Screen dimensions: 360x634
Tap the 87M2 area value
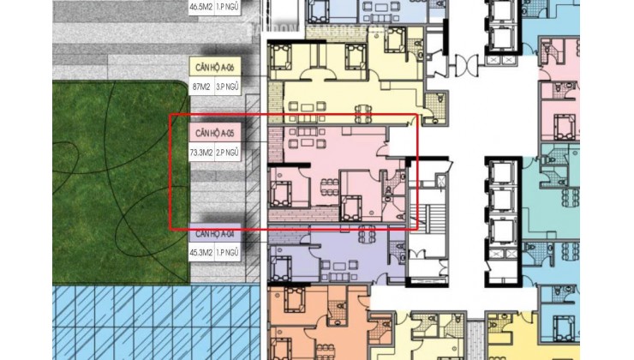(203, 87)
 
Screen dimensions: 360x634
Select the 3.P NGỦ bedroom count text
(227, 87)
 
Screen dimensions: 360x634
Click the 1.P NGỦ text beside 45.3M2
(227, 252)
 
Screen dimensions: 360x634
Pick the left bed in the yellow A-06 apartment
(284, 60)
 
